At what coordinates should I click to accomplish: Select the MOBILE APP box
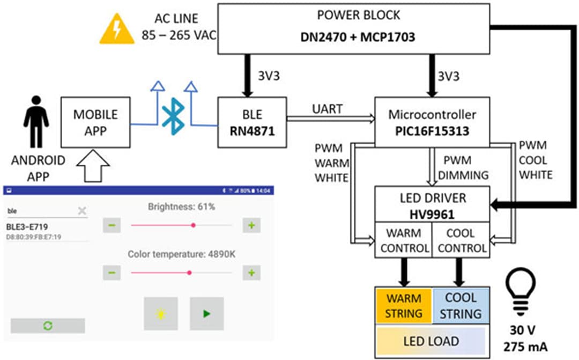tap(95, 122)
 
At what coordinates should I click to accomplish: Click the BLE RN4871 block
tap(252, 122)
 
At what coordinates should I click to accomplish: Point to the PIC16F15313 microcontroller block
tap(432, 122)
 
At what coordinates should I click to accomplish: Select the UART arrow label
tap(328, 109)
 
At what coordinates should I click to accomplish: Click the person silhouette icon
tap(36, 121)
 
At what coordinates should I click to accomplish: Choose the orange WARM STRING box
tap(404, 306)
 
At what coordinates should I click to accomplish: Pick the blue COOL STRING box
tap(461, 306)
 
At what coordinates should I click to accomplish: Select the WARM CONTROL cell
tap(404, 240)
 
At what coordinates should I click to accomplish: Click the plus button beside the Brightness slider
tap(250, 225)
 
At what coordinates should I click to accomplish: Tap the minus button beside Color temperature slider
tap(111, 273)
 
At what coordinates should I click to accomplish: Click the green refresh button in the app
tap(48, 326)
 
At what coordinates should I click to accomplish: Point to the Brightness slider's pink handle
tap(193, 225)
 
